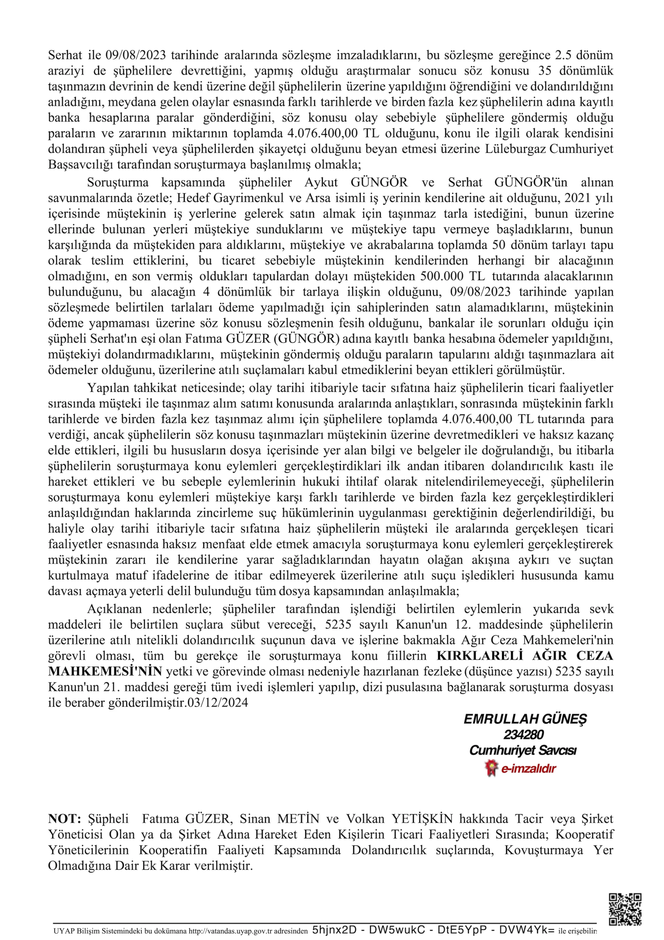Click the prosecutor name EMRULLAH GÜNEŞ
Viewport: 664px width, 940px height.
coord(525,719)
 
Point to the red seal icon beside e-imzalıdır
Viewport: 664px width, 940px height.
coord(490,768)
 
